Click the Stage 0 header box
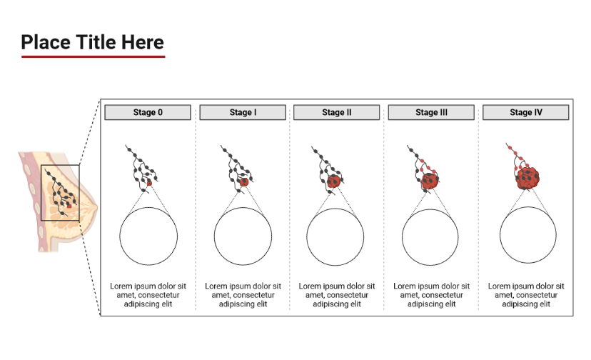[148, 112]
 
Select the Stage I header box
[243, 112]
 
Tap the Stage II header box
[337, 112]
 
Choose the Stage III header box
[431, 112]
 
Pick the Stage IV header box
[526, 112]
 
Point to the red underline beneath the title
[93, 56]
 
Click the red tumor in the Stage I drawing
[244, 182]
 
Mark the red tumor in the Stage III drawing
[430, 181]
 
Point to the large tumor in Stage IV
[527, 178]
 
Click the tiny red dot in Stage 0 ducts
[149, 184]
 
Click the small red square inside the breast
[69, 206]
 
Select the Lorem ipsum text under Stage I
[243, 295]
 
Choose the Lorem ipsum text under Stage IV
[526, 295]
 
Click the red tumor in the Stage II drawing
[333, 181]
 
